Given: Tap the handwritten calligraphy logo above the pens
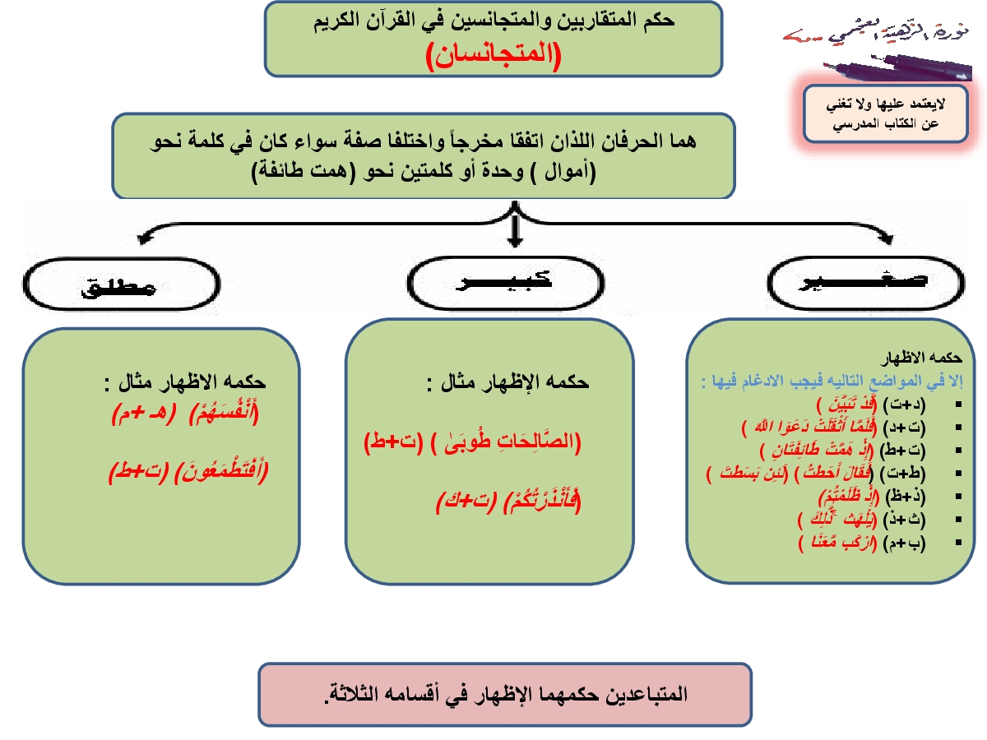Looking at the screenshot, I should click(x=875, y=35).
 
